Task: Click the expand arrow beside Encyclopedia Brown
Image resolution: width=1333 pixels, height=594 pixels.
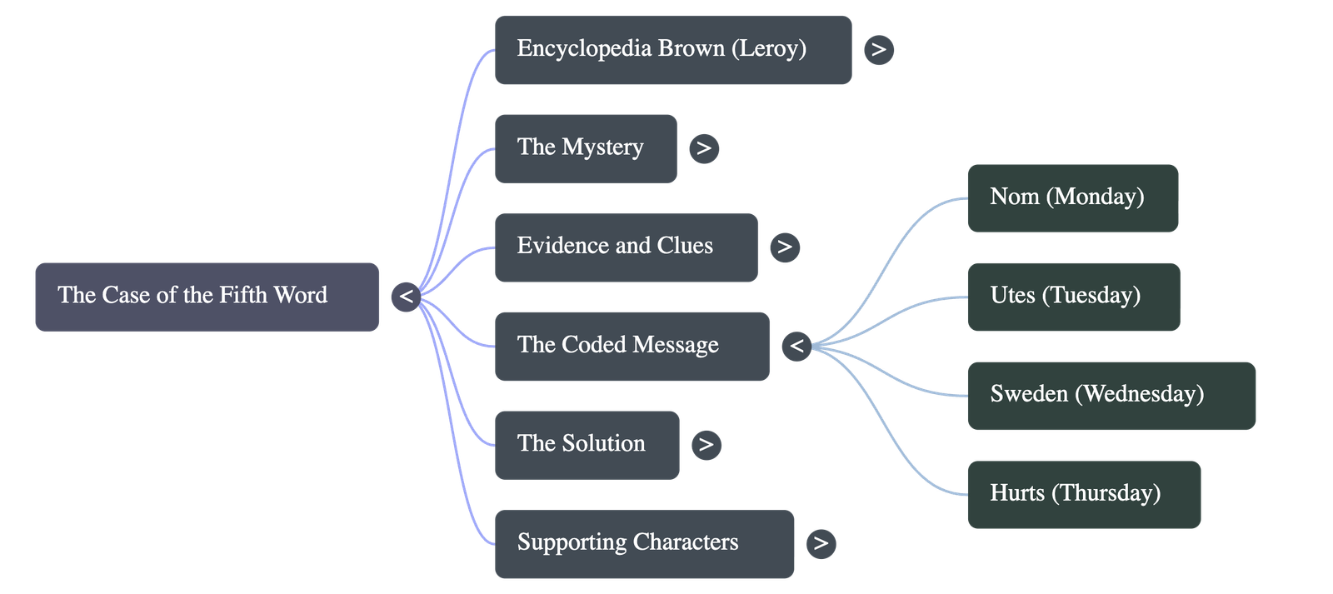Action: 878,50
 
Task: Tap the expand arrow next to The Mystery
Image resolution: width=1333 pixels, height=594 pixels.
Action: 704,148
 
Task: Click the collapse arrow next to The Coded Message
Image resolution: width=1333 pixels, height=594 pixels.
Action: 796,346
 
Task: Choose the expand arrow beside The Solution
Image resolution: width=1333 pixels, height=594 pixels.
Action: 706,445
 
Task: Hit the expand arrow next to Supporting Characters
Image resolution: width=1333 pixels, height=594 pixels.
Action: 821,543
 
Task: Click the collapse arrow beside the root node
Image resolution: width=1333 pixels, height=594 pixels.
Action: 406,297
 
